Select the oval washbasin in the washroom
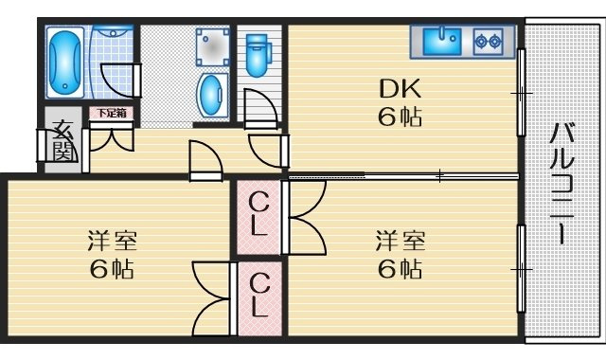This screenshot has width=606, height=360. coord(210,95)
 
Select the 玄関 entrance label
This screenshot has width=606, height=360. coord(62,141)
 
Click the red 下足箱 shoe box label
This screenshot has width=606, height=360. coord(111,113)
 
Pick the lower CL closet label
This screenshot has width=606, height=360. coord(258,296)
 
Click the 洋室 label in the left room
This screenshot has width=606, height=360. coord(110,238)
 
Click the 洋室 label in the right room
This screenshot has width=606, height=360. coord(398,238)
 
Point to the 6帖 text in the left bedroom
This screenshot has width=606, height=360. coord(111,268)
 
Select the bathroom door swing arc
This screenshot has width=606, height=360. coord(118,81)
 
